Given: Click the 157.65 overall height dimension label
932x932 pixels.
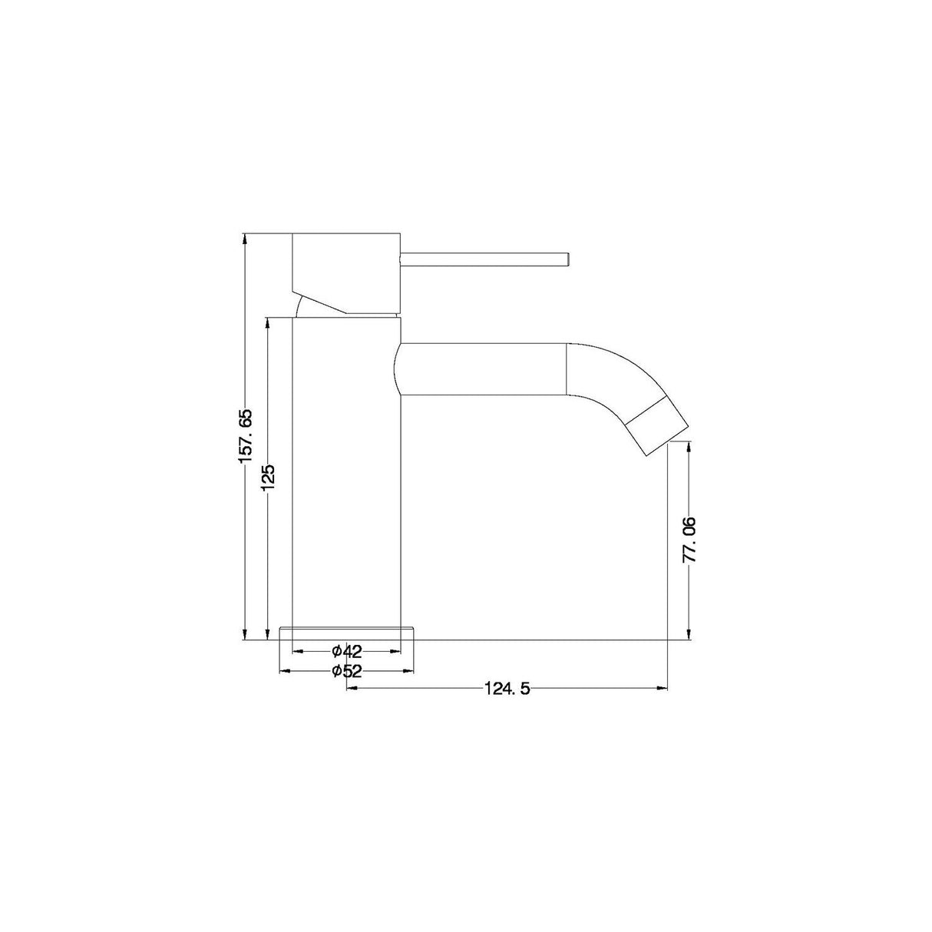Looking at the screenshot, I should pos(246,435).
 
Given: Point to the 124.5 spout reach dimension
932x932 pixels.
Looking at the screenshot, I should pos(507,688).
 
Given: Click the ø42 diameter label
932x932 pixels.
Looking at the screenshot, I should pos(347,651).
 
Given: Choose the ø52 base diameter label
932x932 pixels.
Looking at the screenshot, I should pos(347,670).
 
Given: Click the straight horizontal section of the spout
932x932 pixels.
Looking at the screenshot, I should pos(484,369).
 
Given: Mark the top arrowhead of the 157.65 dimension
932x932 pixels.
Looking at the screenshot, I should pos(246,238).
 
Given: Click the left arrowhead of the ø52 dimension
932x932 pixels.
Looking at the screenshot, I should pos(285,670).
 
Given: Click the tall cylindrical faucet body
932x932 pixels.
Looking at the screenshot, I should pos(347,476).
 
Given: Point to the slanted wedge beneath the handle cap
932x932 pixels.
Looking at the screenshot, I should pos(322,299).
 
